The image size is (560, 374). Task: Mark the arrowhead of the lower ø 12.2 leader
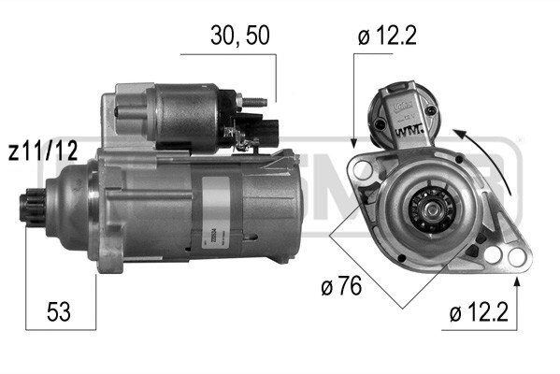point(512,275)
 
